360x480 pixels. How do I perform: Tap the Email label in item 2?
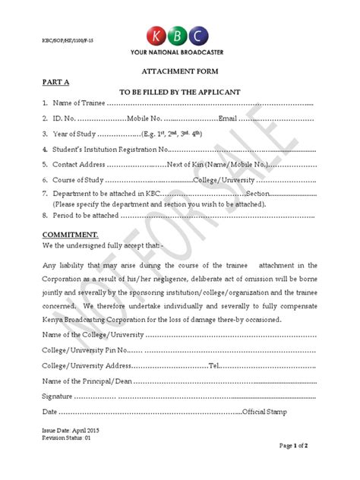click(229, 118)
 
